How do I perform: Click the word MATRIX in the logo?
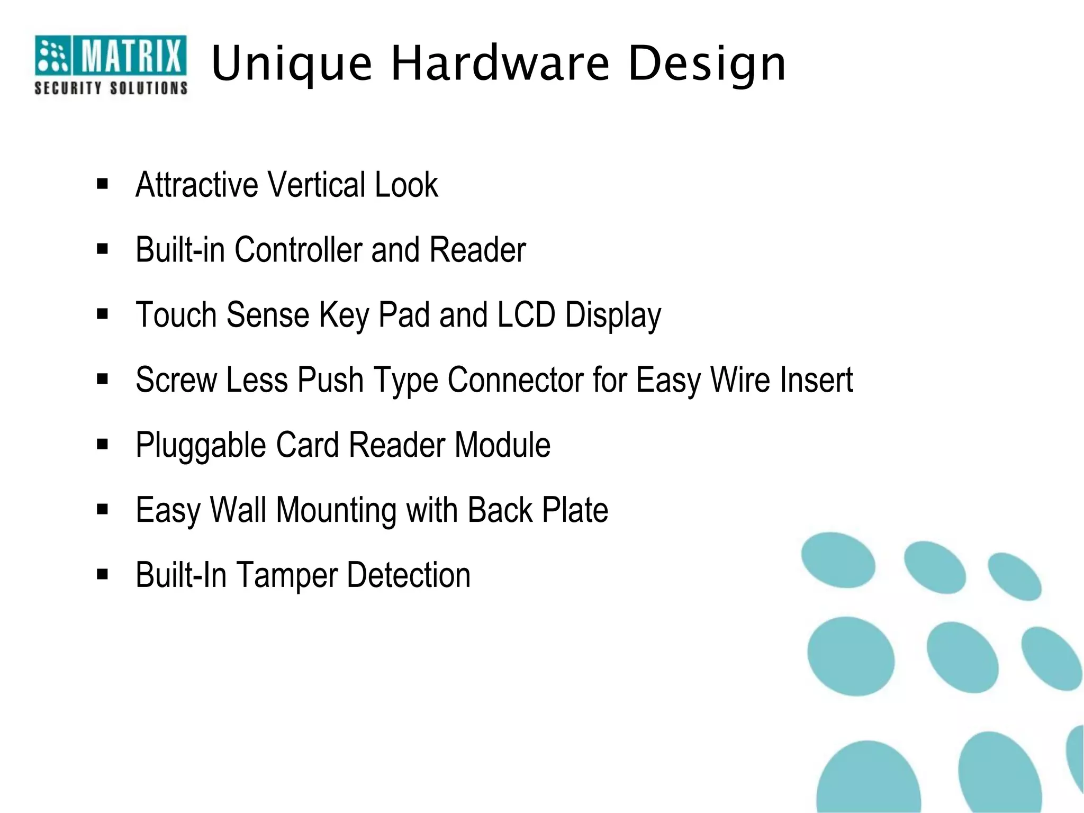click(x=130, y=56)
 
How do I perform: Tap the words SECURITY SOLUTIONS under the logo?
click(x=111, y=88)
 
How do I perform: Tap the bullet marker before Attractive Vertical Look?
click(x=103, y=184)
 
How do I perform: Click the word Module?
click(x=502, y=445)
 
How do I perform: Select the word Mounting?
click(x=336, y=511)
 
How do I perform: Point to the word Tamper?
click(x=286, y=576)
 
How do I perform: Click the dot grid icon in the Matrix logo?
click(x=52, y=56)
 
